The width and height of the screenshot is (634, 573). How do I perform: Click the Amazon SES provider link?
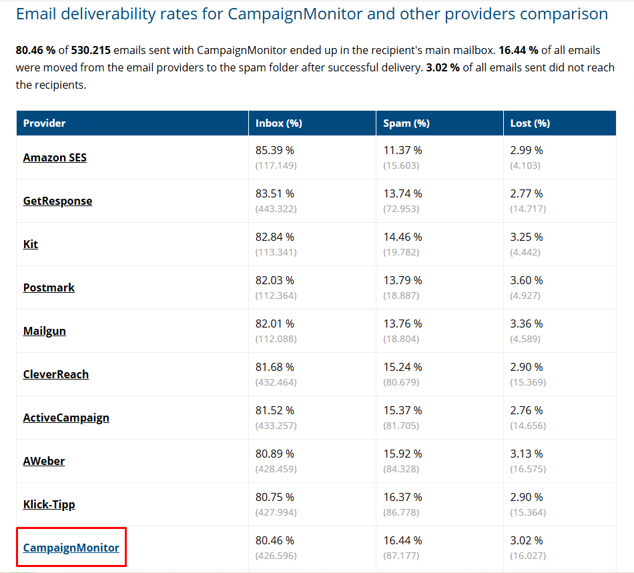pyautogui.click(x=55, y=157)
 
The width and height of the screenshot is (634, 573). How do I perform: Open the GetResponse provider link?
pyautogui.click(x=57, y=201)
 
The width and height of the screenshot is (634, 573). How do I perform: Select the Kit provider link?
pyautogui.click(x=31, y=244)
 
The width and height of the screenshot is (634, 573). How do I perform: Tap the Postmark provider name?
pyautogui.click(x=49, y=288)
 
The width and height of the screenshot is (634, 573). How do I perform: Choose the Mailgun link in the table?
pyautogui.click(x=45, y=331)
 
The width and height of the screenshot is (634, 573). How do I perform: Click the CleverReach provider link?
pyautogui.click(x=56, y=374)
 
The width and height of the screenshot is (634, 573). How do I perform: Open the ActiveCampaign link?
pyautogui.click(x=66, y=418)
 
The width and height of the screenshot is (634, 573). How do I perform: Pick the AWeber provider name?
pyautogui.click(x=44, y=461)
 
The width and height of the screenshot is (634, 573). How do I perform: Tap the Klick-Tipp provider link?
pyautogui.click(x=49, y=504)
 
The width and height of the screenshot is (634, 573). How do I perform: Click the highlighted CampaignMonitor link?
pyautogui.click(x=71, y=548)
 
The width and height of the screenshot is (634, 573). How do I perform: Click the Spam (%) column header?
pyautogui.click(x=406, y=123)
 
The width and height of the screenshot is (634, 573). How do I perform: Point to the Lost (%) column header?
pyautogui.click(x=530, y=123)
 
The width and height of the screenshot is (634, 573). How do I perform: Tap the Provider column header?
pyautogui.click(x=45, y=123)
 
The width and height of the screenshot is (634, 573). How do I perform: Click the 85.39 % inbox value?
pyautogui.click(x=275, y=150)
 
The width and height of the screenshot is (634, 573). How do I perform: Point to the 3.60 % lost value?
pyautogui.click(x=527, y=280)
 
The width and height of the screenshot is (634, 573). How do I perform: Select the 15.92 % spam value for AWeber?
pyautogui.click(x=402, y=454)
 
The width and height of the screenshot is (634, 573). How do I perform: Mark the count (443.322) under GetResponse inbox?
pyautogui.click(x=276, y=209)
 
